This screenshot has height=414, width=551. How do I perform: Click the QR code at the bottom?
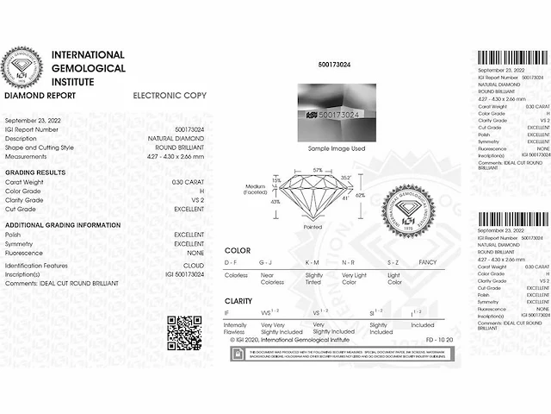[x=183, y=334]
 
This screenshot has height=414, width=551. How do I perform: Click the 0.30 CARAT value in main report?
[x=188, y=183]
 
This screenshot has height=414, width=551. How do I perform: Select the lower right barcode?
[x=512, y=220]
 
